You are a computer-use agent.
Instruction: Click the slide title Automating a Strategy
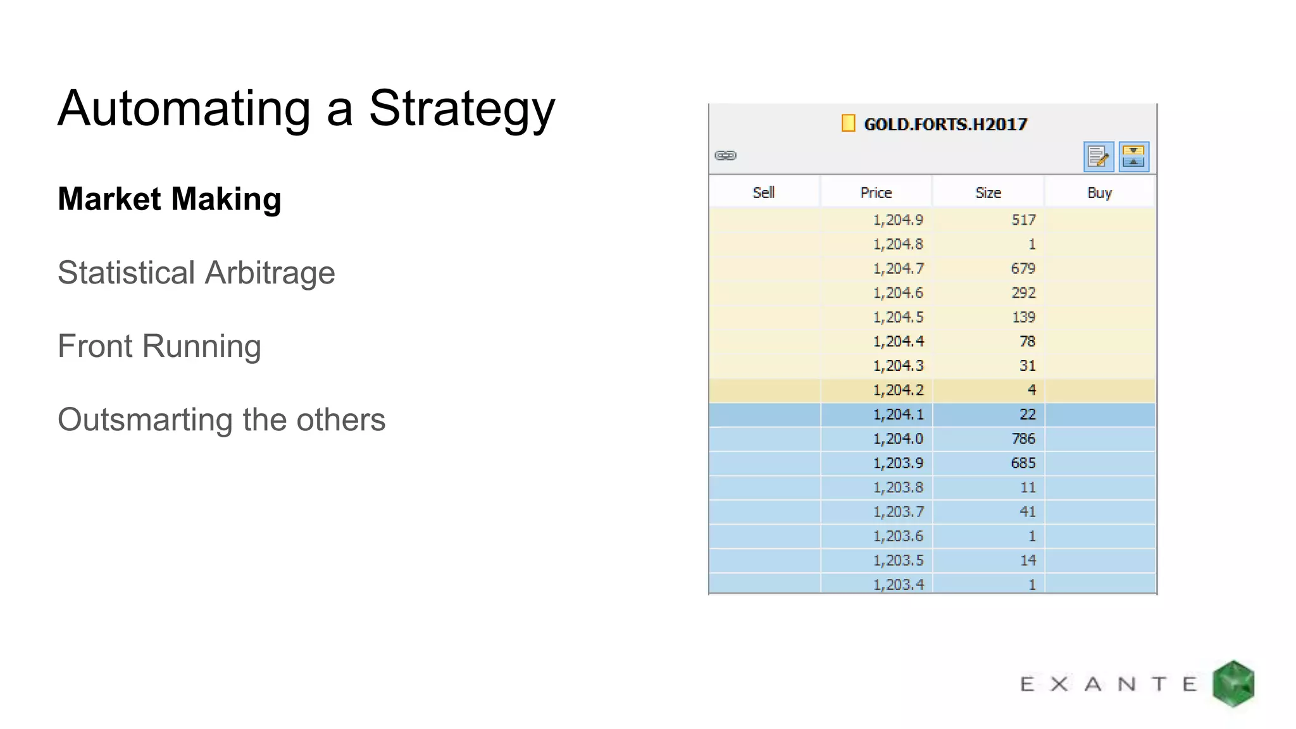pyautogui.click(x=306, y=109)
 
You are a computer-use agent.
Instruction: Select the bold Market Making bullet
pyautogui.click(x=170, y=199)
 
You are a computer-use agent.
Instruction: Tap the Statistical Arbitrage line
pyautogui.click(x=196, y=273)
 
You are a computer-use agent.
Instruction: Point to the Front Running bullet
pyautogui.click(x=159, y=346)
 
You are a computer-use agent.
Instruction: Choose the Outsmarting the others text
pyautogui.click(x=221, y=420)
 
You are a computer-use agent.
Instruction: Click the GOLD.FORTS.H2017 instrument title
pyautogui.click(x=945, y=124)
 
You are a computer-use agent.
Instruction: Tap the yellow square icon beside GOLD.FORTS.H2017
pyautogui.click(x=848, y=123)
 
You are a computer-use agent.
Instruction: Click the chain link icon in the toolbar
pyautogui.click(x=725, y=156)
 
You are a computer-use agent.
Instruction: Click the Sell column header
pyautogui.click(x=764, y=193)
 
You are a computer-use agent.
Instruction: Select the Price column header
pyautogui.click(x=876, y=193)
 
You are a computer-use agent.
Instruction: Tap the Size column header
pyautogui.click(x=988, y=193)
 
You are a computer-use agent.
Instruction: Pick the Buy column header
pyautogui.click(x=1099, y=193)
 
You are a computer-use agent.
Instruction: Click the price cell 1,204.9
pyautogui.click(x=898, y=220)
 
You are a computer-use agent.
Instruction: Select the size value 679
pyautogui.click(x=1023, y=269)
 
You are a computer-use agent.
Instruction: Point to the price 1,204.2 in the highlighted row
pyautogui.click(x=898, y=390)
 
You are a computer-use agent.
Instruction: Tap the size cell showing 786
pyautogui.click(x=1023, y=439)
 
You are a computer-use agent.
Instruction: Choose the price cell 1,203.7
pyautogui.click(x=898, y=512)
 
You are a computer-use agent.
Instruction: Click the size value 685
pyautogui.click(x=1023, y=463)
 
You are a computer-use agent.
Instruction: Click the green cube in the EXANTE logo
pyautogui.click(x=1233, y=683)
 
